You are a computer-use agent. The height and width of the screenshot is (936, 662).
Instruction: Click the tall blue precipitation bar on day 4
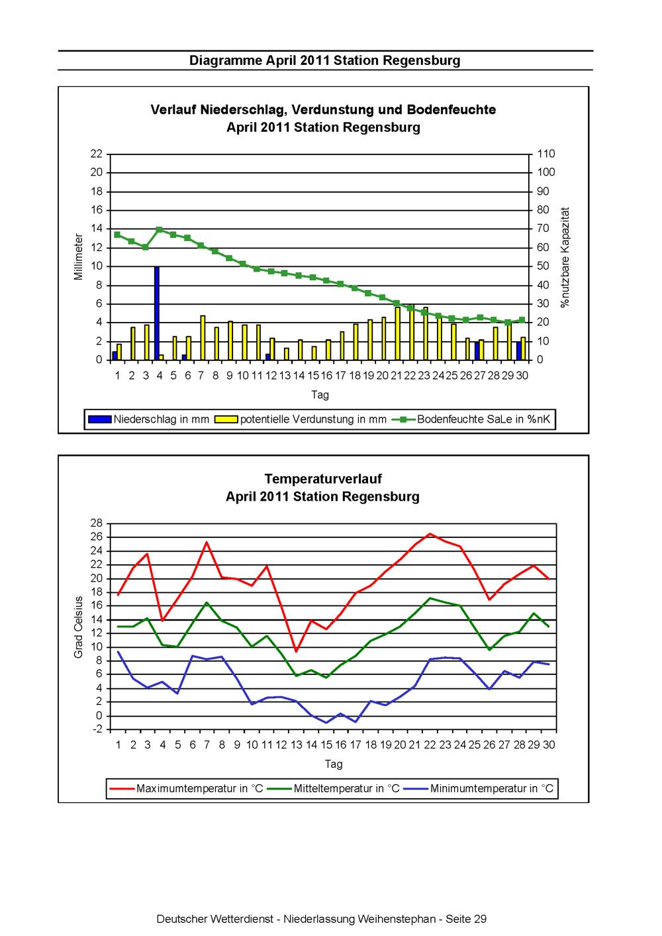coord(157,313)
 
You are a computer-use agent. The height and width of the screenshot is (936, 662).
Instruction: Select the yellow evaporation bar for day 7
coord(203,338)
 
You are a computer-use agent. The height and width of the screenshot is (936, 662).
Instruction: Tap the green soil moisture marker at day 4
coord(159,229)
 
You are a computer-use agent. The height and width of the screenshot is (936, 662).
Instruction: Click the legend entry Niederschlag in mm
coord(148,419)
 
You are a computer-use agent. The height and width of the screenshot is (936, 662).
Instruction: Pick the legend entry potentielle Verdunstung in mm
coord(301,419)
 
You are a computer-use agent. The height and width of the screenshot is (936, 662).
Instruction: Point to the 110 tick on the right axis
coord(546,154)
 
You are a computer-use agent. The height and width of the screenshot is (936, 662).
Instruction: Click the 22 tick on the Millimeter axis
coord(97,154)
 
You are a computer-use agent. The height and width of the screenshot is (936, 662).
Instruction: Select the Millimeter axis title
coord(79,256)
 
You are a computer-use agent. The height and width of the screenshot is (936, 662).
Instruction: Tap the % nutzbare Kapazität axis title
coord(565,258)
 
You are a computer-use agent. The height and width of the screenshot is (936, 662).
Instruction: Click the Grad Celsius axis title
coord(79,627)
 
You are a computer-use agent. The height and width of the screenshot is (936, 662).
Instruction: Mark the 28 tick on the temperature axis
coord(97,523)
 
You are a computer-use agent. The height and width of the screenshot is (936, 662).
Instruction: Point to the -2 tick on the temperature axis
coord(97,729)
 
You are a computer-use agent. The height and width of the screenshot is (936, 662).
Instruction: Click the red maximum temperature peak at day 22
coord(430,534)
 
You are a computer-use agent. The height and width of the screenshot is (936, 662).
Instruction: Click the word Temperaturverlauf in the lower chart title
coord(323,479)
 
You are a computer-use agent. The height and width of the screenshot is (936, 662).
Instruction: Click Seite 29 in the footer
coord(465,919)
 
